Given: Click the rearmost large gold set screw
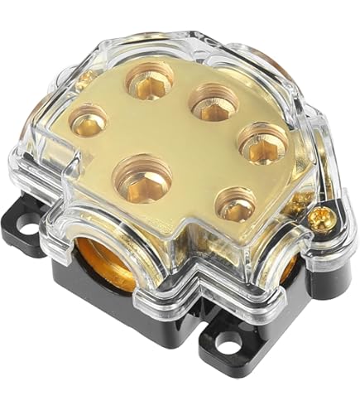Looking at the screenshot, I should coord(150,81).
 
